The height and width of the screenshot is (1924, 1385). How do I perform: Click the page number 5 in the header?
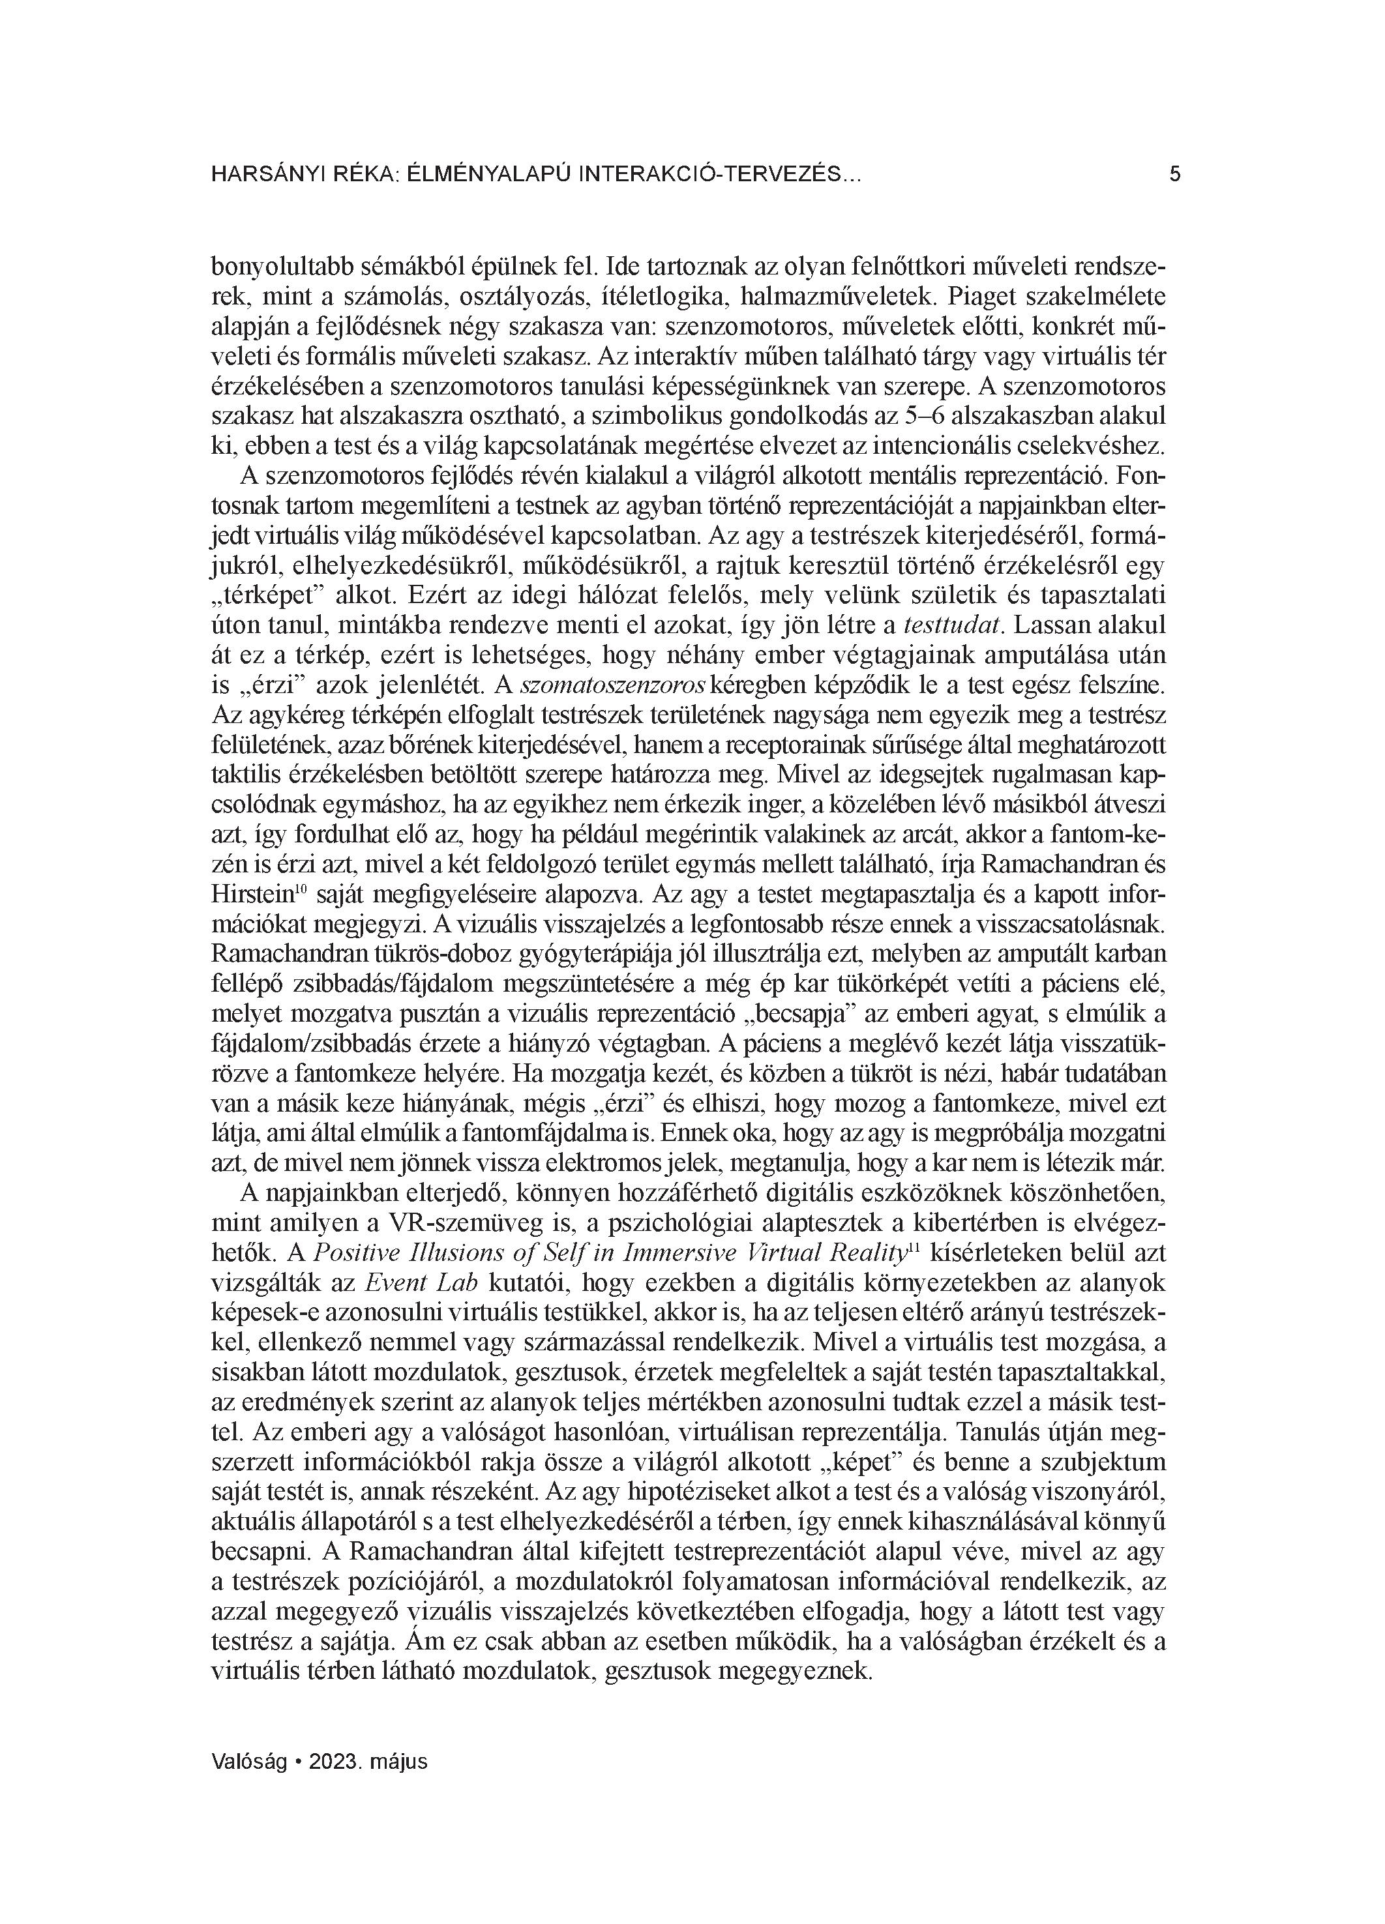1174,175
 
